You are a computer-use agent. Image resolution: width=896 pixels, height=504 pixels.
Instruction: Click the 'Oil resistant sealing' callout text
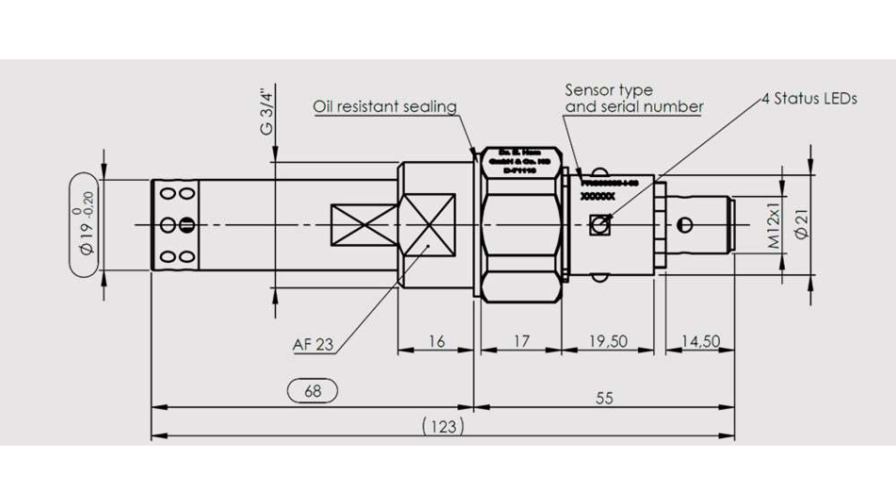(x=384, y=106)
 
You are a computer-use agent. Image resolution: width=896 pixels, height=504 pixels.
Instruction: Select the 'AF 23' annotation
(x=312, y=345)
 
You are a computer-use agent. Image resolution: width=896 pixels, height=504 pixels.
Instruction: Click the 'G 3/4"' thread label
(x=267, y=111)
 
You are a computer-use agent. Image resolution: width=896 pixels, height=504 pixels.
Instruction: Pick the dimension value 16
(x=436, y=341)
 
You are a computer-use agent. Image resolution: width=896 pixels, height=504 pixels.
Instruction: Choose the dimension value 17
(x=520, y=341)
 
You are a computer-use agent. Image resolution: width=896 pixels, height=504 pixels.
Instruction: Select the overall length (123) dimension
(x=442, y=427)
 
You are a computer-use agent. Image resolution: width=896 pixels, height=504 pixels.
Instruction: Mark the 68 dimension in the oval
(x=312, y=390)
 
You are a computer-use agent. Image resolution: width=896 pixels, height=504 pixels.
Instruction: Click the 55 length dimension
(x=603, y=398)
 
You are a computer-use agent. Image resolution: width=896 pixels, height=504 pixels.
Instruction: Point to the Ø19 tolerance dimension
(x=88, y=224)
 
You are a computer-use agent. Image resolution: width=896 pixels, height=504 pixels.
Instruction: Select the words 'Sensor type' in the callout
(x=608, y=90)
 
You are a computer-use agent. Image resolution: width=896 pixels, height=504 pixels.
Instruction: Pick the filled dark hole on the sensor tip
(x=187, y=224)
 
